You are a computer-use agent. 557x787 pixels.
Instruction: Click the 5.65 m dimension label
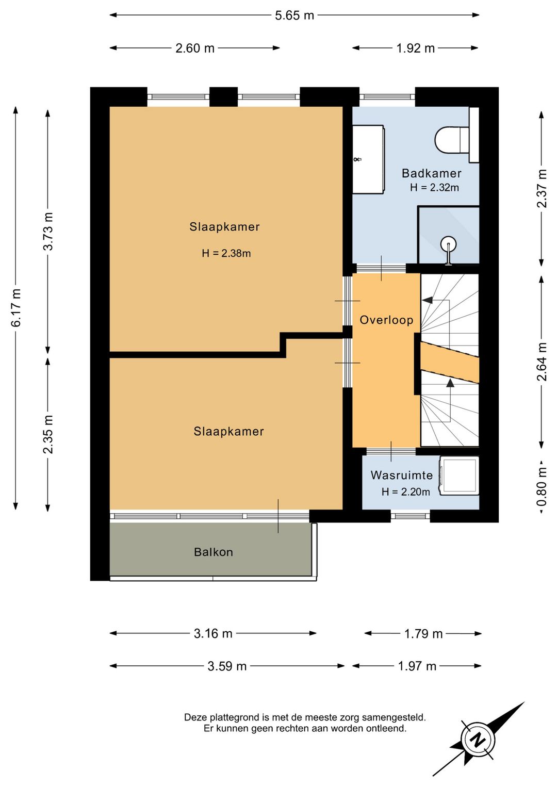[294, 15]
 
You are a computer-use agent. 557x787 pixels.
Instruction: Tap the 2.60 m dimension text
[194, 48]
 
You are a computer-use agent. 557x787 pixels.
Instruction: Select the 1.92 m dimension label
[415, 48]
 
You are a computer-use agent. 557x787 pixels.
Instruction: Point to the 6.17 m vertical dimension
[16, 308]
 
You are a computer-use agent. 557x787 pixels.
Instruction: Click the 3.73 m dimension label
[48, 231]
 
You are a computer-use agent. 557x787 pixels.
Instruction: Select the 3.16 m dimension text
[213, 633]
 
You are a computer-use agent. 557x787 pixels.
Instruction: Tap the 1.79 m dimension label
[423, 634]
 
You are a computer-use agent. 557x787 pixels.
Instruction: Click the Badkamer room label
[432, 173]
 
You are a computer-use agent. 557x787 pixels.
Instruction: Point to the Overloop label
[386, 320]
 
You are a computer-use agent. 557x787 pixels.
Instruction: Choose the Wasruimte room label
[401, 476]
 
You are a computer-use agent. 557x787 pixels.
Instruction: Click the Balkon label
[214, 552]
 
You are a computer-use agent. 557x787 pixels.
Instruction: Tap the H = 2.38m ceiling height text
[226, 253]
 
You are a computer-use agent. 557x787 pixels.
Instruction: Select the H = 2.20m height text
[405, 491]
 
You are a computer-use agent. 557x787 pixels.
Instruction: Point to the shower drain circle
[448, 243]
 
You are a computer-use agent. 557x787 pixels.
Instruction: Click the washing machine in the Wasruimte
[458, 476]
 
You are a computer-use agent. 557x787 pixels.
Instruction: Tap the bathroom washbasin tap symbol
[357, 159]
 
